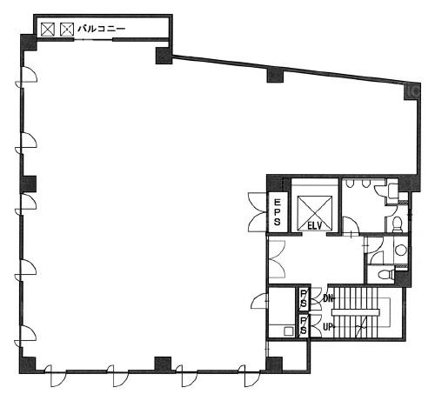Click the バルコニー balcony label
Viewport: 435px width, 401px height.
pos(102,29)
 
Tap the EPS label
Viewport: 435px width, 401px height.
pos(278,211)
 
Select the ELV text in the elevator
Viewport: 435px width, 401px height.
pos(315,225)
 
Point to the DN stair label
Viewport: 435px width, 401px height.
pos(328,298)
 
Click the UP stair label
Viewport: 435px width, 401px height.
pos(328,327)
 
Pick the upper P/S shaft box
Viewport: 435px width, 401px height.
pos(304,299)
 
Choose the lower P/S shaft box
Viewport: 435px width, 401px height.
pos(304,325)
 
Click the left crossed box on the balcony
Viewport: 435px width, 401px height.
pos(48,30)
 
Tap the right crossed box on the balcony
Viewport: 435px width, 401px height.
pos(67,30)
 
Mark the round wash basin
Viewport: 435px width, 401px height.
pos(401,250)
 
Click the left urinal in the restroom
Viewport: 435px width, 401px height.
pos(350,184)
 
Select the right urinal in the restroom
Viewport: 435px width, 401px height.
pos(365,184)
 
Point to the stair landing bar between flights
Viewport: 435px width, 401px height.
pos(356,312)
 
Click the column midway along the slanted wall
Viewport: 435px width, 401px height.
pos(275,75)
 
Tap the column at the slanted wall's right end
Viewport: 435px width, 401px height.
pos(412,90)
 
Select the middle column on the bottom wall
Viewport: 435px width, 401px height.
pos(163,364)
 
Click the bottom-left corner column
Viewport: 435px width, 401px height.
pos(28,365)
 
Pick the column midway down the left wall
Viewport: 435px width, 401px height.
pos(28,184)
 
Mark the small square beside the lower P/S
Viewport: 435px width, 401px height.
pos(289,331)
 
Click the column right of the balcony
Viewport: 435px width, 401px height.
pos(164,56)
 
